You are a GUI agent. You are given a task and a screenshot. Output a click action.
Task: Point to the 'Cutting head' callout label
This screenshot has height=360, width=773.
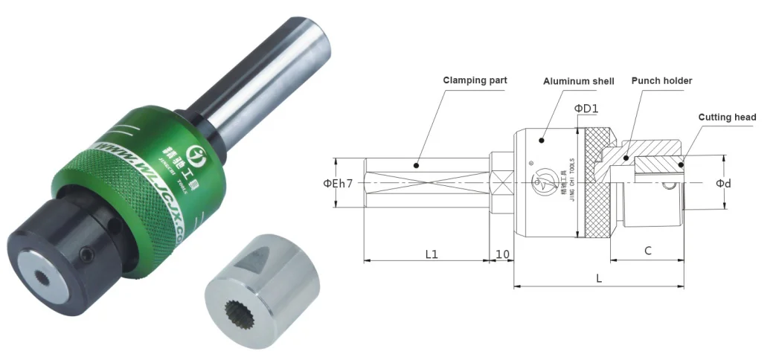tap(727, 117)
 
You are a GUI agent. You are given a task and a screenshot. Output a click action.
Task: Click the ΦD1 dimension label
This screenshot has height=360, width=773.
tap(586, 109)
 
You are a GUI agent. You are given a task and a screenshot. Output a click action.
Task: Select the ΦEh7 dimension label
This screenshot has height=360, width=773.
tap(338, 184)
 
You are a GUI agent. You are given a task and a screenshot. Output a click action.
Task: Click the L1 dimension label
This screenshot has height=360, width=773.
tap(432, 254)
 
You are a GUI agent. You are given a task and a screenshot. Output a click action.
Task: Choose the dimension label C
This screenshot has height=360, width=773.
tap(648, 251)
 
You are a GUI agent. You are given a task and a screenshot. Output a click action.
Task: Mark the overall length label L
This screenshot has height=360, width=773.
tap(599, 277)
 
